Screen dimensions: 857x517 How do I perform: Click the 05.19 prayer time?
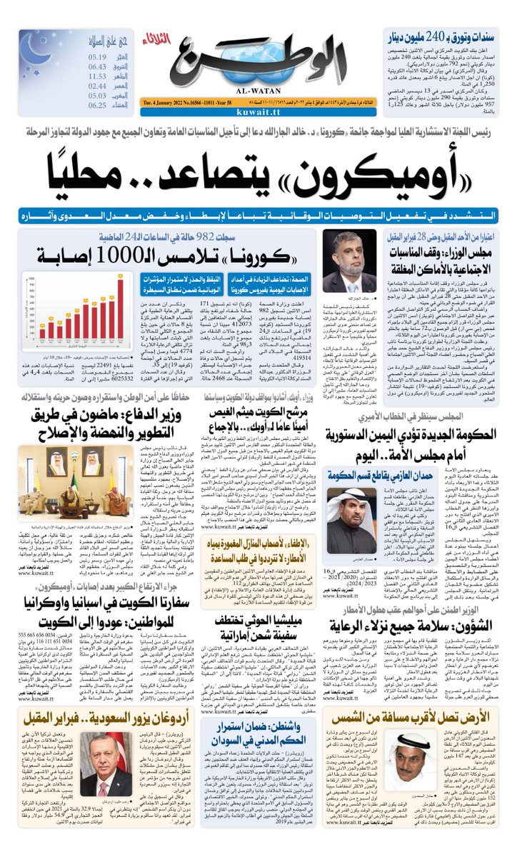pos(98,58)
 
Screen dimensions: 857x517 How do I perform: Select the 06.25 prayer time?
pos(98,105)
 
